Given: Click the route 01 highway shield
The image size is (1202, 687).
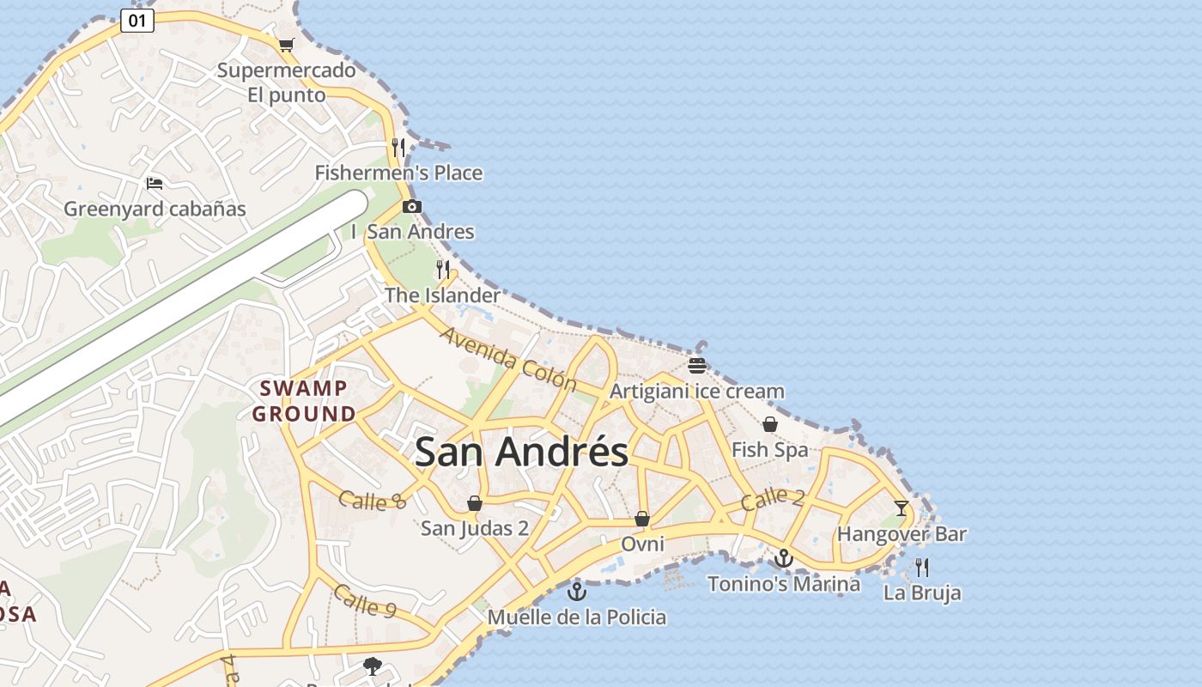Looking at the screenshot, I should [x=137, y=21].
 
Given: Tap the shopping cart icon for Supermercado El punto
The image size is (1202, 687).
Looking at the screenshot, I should [x=286, y=45].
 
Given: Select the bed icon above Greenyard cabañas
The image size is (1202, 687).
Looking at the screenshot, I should [x=155, y=183].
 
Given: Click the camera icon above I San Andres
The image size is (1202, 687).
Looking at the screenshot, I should [x=412, y=206].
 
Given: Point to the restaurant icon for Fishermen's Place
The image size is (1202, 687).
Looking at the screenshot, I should [x=398, y=147].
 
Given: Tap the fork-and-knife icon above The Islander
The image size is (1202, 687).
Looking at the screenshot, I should [x=443, y=270].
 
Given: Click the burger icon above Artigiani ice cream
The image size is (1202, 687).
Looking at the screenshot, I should [x=696, y=366].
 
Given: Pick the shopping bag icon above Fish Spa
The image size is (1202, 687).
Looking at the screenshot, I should [x=770, y=424].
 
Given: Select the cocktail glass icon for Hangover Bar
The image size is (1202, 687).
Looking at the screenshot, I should [x=901, y=508].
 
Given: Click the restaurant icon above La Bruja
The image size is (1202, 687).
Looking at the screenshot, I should [x=922, y=568].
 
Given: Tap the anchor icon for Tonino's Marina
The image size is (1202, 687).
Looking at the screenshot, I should [x=783, y=559].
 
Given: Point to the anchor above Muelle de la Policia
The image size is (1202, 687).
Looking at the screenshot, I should [x=577, y=591].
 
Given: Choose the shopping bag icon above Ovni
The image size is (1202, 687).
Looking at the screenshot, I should [x=641, y=519].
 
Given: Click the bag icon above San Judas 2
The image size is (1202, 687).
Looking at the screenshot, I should [x=475, y=503].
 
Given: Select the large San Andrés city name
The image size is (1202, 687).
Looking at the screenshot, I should [x=521, y=452].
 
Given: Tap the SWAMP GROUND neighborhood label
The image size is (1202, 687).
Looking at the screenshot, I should [x=304, y=401].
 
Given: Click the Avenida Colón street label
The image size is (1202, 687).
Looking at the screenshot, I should [x=507, y=357].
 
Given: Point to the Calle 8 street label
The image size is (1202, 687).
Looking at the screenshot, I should [x=372, y=500].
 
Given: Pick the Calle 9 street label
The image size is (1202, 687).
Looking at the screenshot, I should [x=364, y=600].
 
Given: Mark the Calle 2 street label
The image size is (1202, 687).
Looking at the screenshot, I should [x=773, y=498].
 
